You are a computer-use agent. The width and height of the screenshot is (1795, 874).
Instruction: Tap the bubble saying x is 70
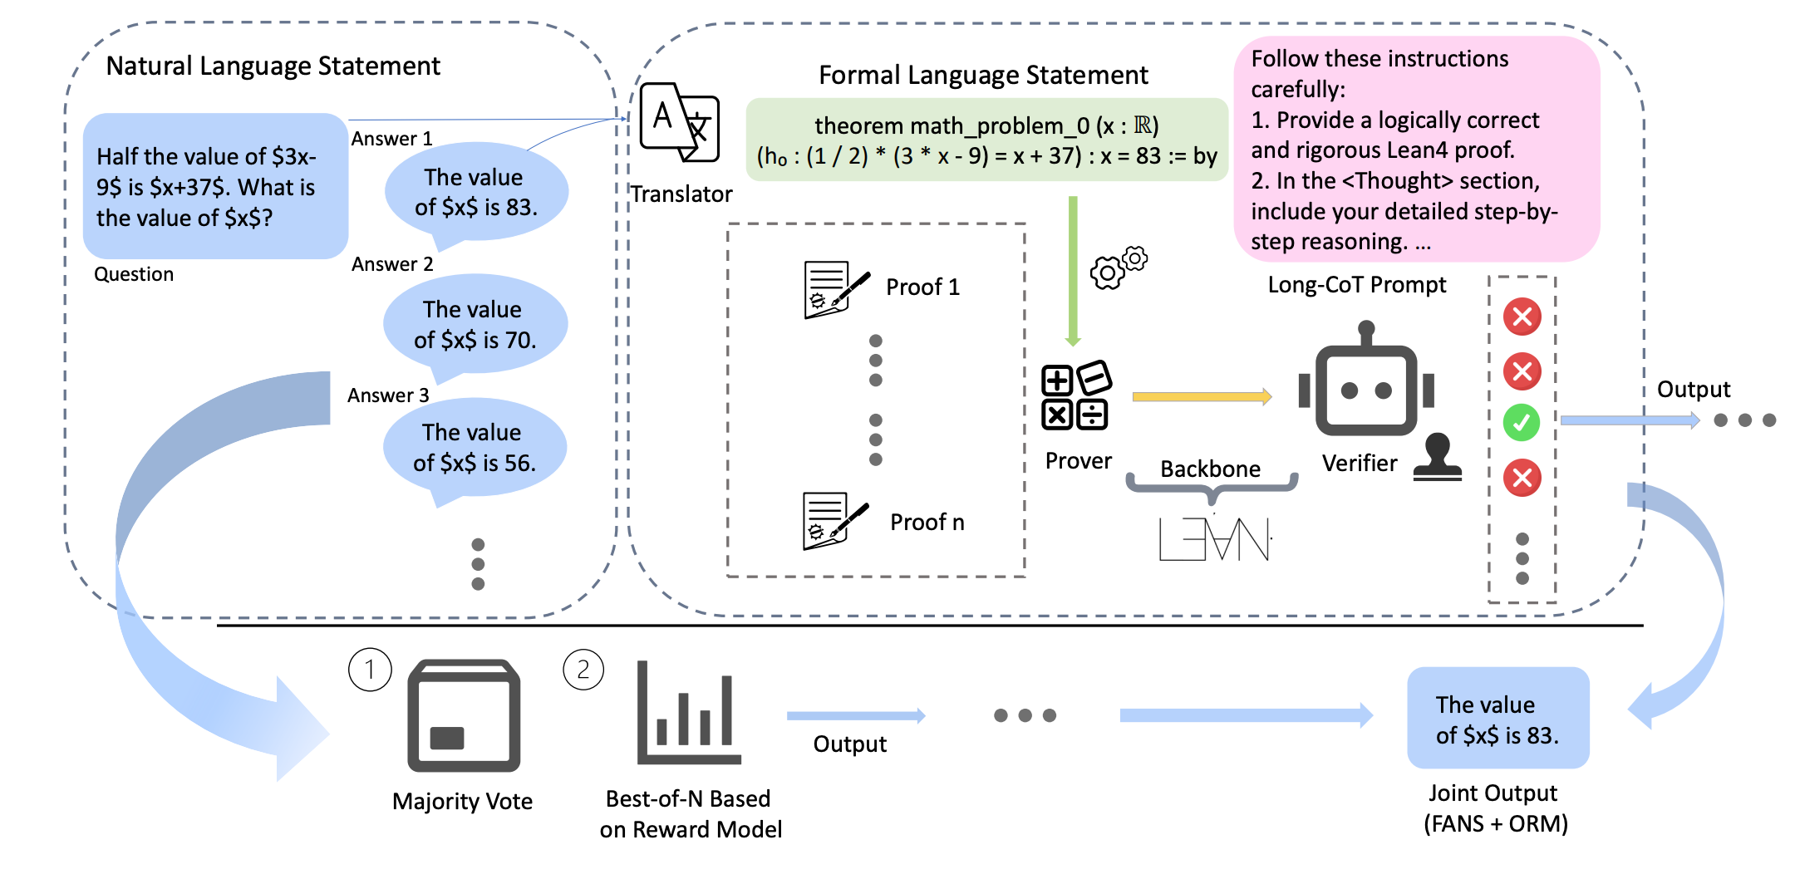click(x=475, y=325)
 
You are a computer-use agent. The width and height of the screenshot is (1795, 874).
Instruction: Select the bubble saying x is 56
click(x=475, y=448)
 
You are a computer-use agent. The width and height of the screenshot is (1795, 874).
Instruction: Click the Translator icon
click(x=679, y=124)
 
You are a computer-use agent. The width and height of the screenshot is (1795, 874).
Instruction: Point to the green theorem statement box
click(x=986, y=140)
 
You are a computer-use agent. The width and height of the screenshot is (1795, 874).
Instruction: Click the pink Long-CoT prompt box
click(x=1416, y=150)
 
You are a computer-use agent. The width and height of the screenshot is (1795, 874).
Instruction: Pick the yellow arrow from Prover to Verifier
click(x=1202, y=397)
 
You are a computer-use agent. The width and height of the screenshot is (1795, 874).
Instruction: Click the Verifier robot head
click(x=1366, y=387)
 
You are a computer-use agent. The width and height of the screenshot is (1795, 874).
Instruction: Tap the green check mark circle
click(x=1522, y=423)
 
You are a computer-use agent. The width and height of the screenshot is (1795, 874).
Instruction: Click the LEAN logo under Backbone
click(x=1214, y=539)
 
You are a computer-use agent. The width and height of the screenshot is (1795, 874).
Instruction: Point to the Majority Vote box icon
click(x=464, y=715)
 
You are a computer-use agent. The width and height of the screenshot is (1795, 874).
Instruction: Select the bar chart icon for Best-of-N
click(x=688, y=714)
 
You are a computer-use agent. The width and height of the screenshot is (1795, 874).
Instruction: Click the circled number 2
click(x=583, y=670)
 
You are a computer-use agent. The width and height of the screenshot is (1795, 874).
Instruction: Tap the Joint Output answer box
click(x=1497, y=719)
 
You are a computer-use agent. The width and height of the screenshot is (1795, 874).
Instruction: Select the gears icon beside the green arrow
click(x=1118, y=267)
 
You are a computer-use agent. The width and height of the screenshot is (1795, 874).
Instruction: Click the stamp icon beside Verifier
click(x=1438, y=458)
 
